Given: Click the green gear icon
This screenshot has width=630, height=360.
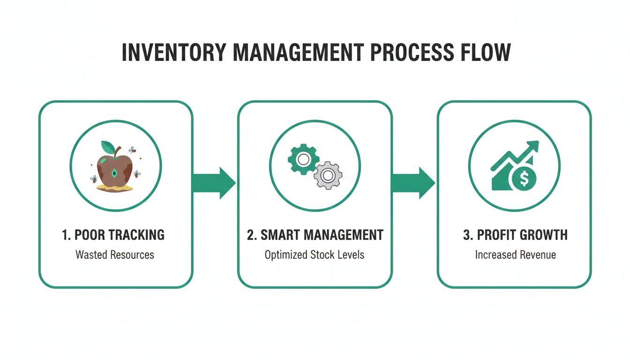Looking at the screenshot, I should click(x=303, y=159).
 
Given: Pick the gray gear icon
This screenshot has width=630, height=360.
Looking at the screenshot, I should click(x=328, y=175).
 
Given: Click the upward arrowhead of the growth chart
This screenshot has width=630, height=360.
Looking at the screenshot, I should click(x=532, y=147).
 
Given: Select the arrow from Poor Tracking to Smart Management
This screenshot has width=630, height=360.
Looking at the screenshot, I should click(x=214, y=183).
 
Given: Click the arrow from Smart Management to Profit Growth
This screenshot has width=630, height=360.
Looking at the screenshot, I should click(x=413, y=183).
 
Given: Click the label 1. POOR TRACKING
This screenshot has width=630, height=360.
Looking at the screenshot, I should click(x=113, y=235).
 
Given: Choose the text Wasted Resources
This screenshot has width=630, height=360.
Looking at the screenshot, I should click(x=115, y=255).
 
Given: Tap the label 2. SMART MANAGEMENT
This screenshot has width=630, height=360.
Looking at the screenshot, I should click(x=315, y=235).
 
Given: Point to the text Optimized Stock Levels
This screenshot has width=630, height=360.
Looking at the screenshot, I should click(x=315, y=255).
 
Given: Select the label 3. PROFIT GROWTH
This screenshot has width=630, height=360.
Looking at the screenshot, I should click(x=515, y=235).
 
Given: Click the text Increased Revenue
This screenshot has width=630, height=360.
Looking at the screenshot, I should click(x=515, y=255).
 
